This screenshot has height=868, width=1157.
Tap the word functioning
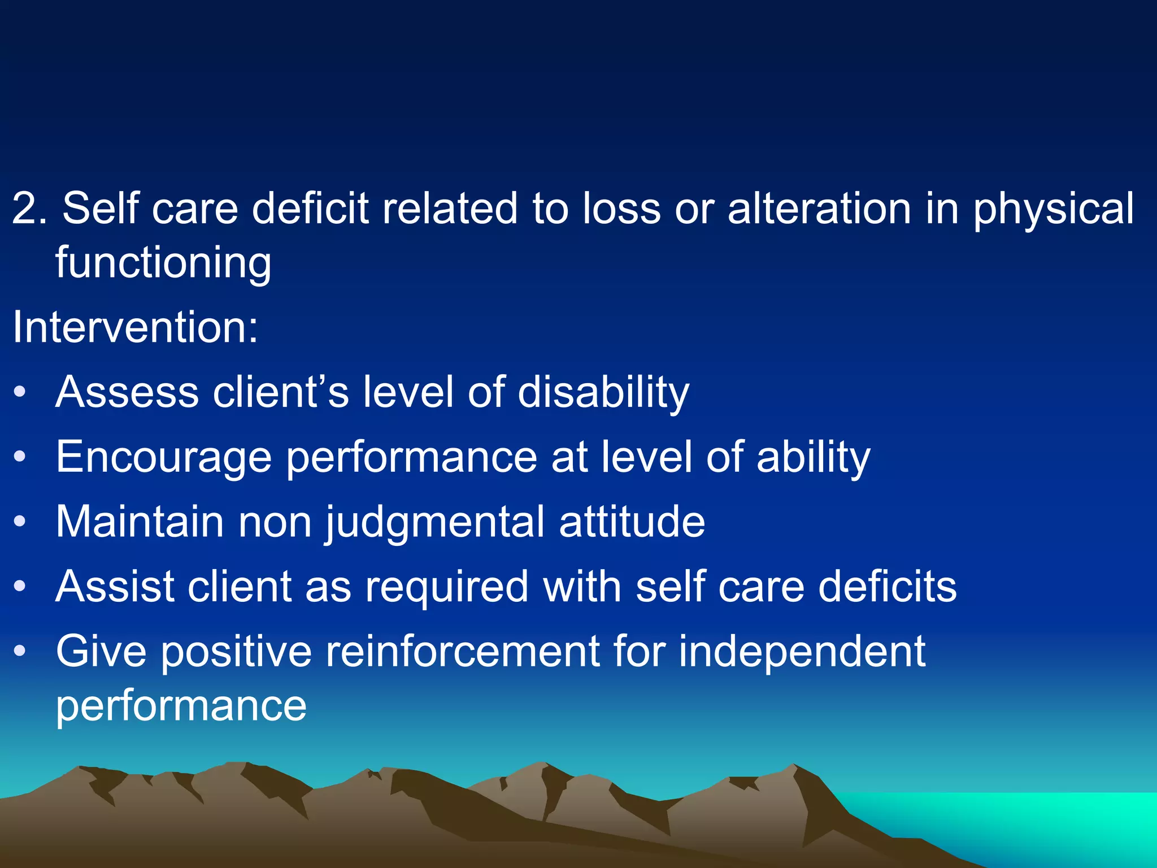tap(163, 264)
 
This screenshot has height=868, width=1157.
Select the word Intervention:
tap(135, 327)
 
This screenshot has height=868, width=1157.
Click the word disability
tap(603, 393)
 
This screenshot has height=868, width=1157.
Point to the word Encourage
tap(164, 458)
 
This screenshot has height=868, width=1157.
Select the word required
tap(447, 587)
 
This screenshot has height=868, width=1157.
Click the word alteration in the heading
tap(819, 209)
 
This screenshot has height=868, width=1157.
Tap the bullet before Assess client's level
tap(20, 392)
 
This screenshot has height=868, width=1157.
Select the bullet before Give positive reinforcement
tap(20, 651)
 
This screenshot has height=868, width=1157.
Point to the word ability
tap(813, 458)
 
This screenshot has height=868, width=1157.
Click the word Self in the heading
tap(100, 209)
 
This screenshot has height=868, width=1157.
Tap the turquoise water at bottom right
tap(1045, 819)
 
